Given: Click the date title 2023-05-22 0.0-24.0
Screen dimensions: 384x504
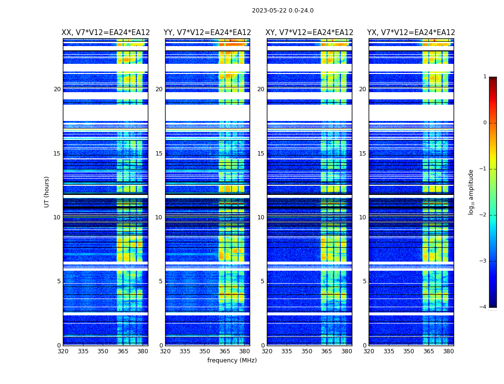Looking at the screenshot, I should click(283, 11).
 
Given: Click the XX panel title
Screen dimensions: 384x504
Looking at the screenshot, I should click(106, 33).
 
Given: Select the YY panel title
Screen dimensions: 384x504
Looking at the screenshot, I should click(207, 33).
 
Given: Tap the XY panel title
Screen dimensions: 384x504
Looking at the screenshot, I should click(310, 33).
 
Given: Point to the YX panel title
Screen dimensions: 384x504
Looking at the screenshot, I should click(411, 33).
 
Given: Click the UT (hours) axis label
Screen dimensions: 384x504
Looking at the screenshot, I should click(47, 192).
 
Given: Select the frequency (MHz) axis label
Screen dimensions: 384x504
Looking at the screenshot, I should click(232, 360).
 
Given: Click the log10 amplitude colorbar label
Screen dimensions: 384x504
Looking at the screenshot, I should click(471, 192).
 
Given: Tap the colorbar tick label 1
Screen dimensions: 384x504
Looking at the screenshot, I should click(484, 77).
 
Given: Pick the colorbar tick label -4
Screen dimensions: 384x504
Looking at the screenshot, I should click(483, 307).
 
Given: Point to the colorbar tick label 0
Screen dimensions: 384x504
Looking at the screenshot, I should click(484, 123).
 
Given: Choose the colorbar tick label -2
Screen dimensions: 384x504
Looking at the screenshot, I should click(483, 215).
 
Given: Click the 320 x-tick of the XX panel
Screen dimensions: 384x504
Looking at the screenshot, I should click(63, 351).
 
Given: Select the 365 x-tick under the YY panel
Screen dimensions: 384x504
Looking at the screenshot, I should click(225, 351).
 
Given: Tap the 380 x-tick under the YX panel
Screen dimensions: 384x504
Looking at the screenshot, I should click(448, 351).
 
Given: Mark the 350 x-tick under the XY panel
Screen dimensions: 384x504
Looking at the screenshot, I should click(307, 351).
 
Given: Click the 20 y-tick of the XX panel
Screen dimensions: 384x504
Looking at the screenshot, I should click(57, 89).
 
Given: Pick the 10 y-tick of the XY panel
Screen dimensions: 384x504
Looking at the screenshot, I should click(261, 217).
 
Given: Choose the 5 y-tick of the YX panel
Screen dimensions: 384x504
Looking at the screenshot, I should click(364, 281).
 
